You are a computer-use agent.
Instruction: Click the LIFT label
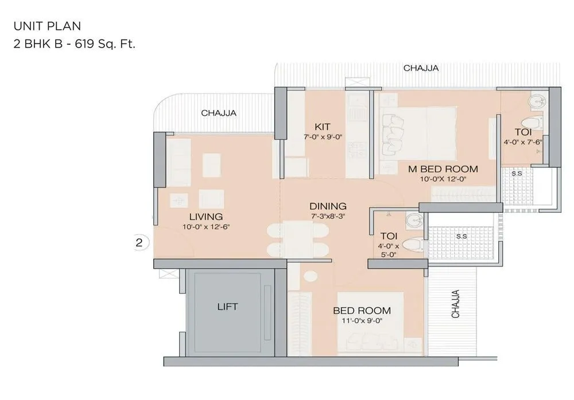(227, 307)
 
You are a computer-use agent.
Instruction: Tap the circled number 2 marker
(138, 242)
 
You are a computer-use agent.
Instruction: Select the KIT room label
(321, 127)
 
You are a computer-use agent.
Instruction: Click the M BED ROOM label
(443, 169)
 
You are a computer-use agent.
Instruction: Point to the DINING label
(328, 206)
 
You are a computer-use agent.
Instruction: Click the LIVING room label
(206, 217)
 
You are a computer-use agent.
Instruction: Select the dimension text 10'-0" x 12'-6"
(206, 226)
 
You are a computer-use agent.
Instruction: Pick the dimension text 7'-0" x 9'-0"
(323, 137)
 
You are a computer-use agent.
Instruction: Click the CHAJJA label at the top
(421, 68)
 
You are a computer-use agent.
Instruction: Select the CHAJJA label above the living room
(219, 113)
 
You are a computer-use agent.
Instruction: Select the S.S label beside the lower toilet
(461, 236)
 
